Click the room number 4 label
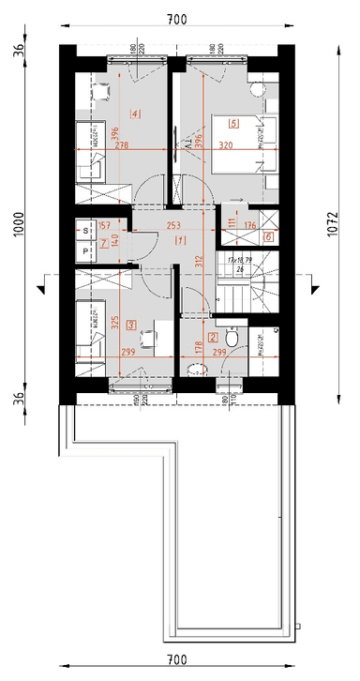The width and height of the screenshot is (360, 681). (137, 114)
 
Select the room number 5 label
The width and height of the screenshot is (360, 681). (232, 122)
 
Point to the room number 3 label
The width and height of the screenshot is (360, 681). (131, 325)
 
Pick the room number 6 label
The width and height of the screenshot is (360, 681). (268, 237)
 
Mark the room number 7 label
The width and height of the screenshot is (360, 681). (104, 243)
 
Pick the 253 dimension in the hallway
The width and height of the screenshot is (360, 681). (173, 225)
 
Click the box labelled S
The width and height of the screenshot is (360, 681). (85, 229)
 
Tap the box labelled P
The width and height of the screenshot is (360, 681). (85, 251)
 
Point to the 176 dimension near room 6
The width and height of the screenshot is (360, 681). (249, 225)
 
